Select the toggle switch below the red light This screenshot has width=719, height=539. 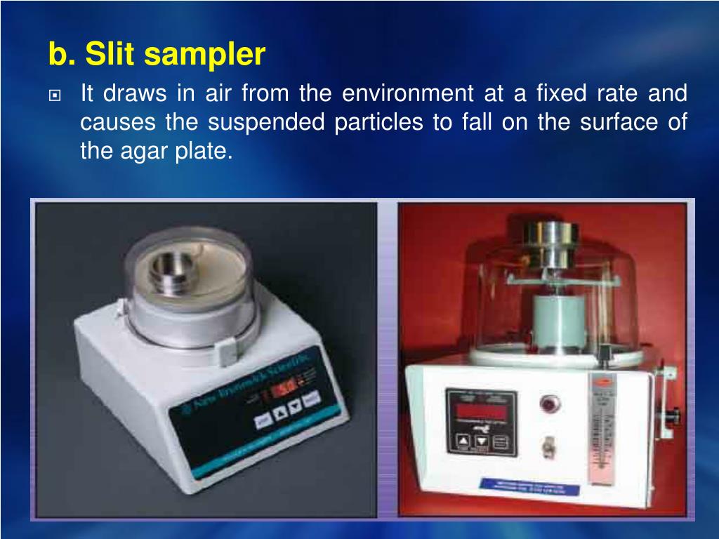coord(547,446)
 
